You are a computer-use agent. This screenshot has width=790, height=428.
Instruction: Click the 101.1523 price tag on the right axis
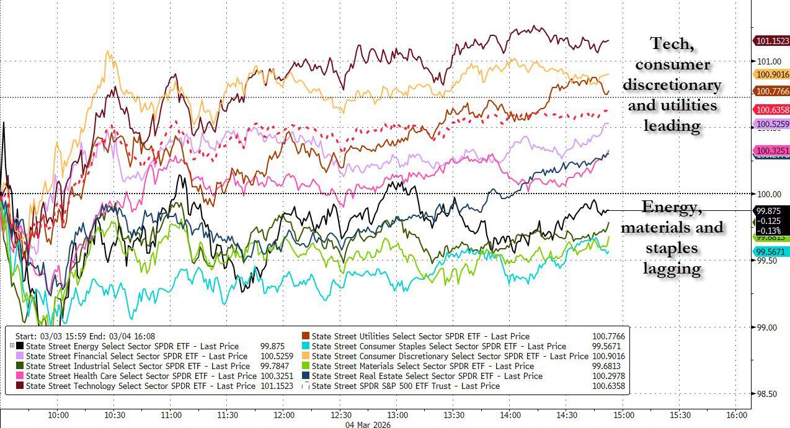pyautogui.click(x=771, y=41)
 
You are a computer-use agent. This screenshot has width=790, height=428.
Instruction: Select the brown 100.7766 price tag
pyautogui.click(x=771, y=91)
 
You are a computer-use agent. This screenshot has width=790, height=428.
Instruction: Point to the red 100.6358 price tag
pyautogui.click(x=771, y=110)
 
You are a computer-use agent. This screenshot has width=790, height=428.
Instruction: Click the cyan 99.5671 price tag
pyautogui.click(x=771, y=251)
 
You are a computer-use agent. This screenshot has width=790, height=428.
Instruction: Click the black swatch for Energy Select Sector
pyautogui.click(x=20, y=346)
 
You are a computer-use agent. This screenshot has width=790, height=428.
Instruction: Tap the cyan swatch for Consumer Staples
pyautogui.click(x=306, y=346)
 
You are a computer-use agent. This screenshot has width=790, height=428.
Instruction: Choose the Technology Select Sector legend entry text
pyautogui.click(x=140, y=386)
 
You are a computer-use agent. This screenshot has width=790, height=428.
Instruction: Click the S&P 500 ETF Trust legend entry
pyautogui.click(x=406, y=386)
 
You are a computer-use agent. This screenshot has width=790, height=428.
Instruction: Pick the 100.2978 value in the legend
pyautogui.click(x=608, y=376)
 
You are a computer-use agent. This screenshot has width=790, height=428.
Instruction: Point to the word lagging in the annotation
pyautogui.click(x=672, y=268)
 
